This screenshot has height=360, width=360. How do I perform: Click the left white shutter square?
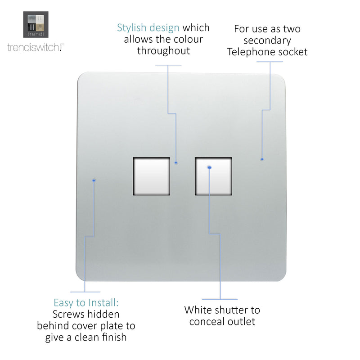[x=152, y=176]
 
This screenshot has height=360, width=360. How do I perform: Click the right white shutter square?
[x=213, y=176]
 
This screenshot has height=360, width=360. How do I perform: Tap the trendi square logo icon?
[x=36, y=25]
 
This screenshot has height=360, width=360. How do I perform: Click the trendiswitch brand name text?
[x=36, y=47]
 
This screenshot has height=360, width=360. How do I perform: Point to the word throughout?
[x=163, y=50]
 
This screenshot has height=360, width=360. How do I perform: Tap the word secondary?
[x=267, y=40]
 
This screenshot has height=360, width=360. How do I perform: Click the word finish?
[x=114, y=337]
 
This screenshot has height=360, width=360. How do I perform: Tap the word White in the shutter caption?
[x=198, y=310]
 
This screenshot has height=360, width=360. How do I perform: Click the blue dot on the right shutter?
[x=209, y=167]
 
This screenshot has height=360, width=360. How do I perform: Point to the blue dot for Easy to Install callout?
[x=94, y=180]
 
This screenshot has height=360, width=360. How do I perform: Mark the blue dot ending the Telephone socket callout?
[x=262, y=159]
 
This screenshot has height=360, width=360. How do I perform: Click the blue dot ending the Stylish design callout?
[x=176, y=163]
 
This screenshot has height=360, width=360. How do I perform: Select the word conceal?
[x=206, y=321]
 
